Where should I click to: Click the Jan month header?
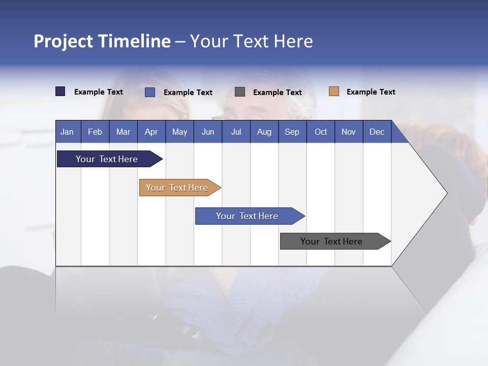coord(67,132)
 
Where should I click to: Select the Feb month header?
coord(95,132)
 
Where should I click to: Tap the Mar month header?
coord(123,132)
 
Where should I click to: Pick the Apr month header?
coord(151,132)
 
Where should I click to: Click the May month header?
coord(179,132)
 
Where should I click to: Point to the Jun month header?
coord(208,132)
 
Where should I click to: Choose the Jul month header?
coord(236,132)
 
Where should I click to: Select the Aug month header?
coord(264,132)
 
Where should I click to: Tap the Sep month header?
coord(292,132)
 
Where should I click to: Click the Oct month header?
coord(321,132)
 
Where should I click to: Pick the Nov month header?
coord(349,132)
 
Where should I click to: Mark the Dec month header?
coord(377,132)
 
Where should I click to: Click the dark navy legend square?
coord(60,91)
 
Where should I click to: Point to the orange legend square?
coord(334,91)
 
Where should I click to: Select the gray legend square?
coord(240,91)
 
